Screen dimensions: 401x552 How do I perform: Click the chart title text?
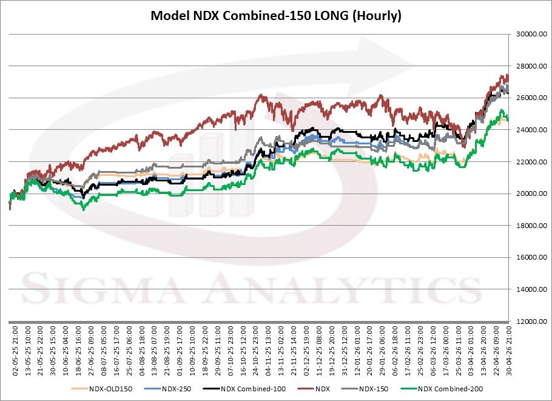point(276,16)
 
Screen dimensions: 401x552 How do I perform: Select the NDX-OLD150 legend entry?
point(106,388)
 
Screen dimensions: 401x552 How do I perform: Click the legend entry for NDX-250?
point(174,388)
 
